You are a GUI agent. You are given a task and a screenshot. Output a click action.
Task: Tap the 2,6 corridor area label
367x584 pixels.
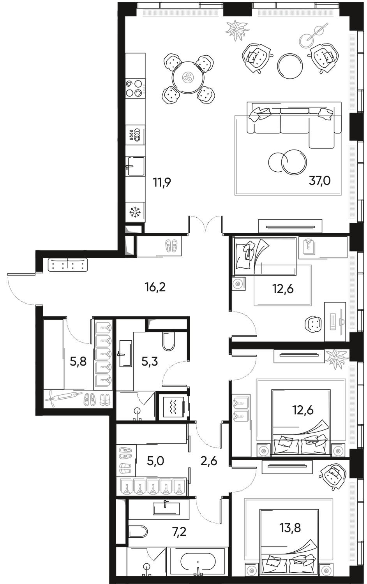(208, 462)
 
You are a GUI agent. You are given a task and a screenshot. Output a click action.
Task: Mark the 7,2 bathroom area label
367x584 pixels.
(180, 532)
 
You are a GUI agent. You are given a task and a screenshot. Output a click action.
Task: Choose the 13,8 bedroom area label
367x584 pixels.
(290, 528)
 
